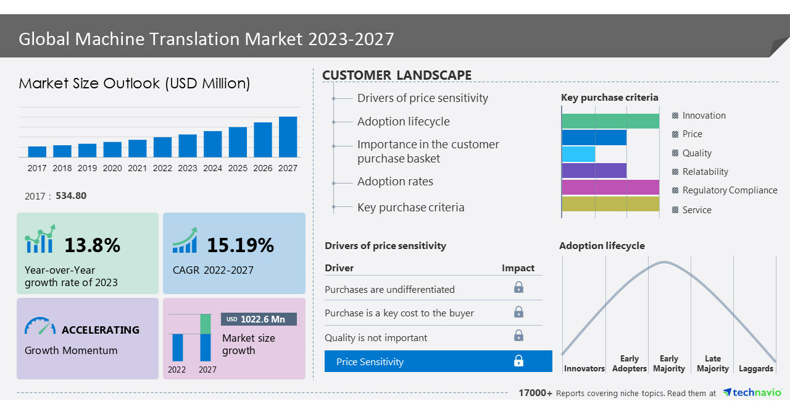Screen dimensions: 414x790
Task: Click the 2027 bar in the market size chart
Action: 288,137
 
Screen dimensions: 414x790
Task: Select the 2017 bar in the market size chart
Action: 37,151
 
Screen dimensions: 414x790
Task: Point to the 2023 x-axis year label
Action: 188,168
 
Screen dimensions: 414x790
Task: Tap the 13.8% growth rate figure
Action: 92,245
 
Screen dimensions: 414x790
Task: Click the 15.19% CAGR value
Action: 239,245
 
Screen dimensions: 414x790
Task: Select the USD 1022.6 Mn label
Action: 259,319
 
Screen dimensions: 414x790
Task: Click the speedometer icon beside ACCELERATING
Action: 40,326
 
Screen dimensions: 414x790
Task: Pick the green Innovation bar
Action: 610,121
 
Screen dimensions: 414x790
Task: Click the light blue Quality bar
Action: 578,154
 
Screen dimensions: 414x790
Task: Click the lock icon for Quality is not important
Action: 518,336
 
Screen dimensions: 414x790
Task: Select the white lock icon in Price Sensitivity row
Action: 518,361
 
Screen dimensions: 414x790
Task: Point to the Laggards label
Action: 756,369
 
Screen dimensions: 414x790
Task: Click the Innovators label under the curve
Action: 584,369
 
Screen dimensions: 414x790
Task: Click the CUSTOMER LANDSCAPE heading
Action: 397,75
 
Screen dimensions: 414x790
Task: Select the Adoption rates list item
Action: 395,182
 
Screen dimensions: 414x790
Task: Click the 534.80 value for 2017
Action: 71,196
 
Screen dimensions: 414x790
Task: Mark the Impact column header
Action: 518,268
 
